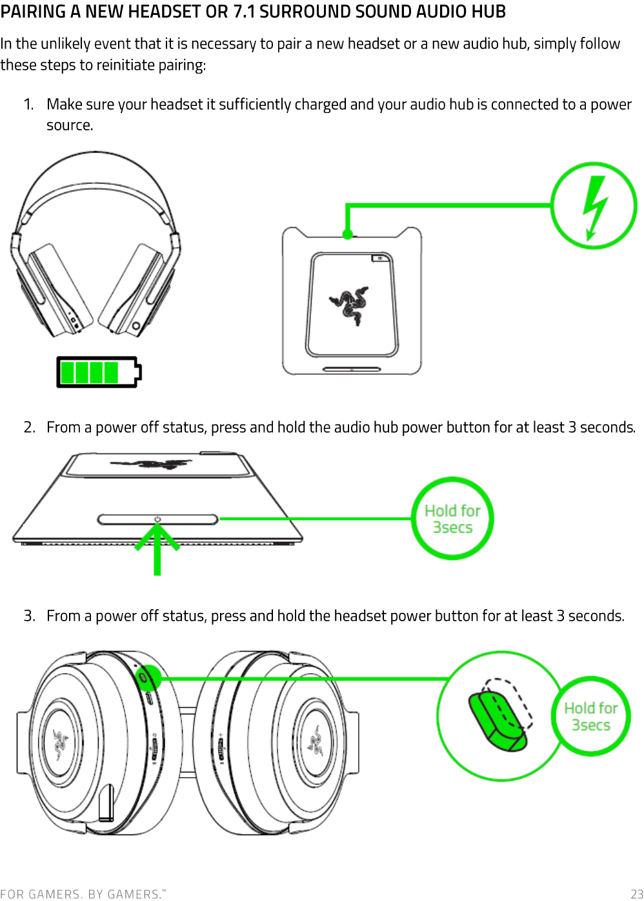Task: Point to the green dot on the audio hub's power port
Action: click(348, 234)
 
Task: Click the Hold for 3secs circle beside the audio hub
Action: click(452, 519)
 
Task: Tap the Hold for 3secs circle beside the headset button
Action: click(590, 716)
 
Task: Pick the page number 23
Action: click(636, 894)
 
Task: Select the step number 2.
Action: click(29, 428)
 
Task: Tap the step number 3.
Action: click(29, 616)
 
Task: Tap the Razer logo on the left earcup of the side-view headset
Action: click(61, 743)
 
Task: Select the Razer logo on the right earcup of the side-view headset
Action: click(316, 741)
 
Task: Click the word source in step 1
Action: click(69, 125)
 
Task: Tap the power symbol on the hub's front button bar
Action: click(157, 519)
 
